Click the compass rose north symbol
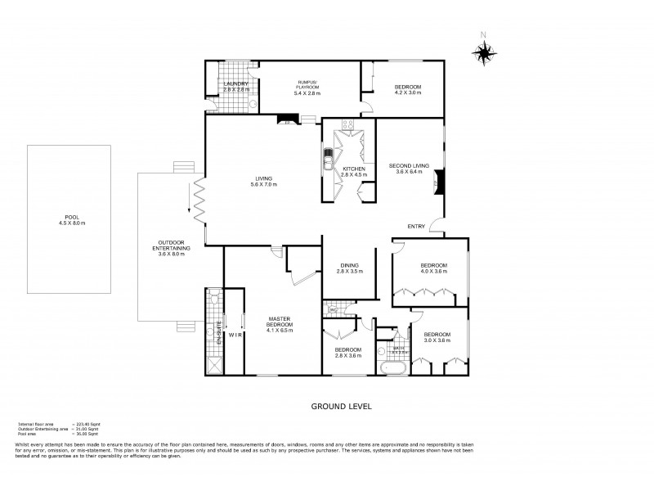coord(484,52)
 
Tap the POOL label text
coord(71,219)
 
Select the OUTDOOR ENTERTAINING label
coord(172,248)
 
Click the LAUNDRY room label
coord(235,86)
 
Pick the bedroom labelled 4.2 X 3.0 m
coord(408,89)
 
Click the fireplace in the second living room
coord(438,181)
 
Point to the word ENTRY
coord(417,227)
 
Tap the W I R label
coord(233,335)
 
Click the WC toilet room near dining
coord(335,310)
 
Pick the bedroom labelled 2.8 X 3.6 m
coord(348,353)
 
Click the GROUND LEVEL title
coord(336,405)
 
